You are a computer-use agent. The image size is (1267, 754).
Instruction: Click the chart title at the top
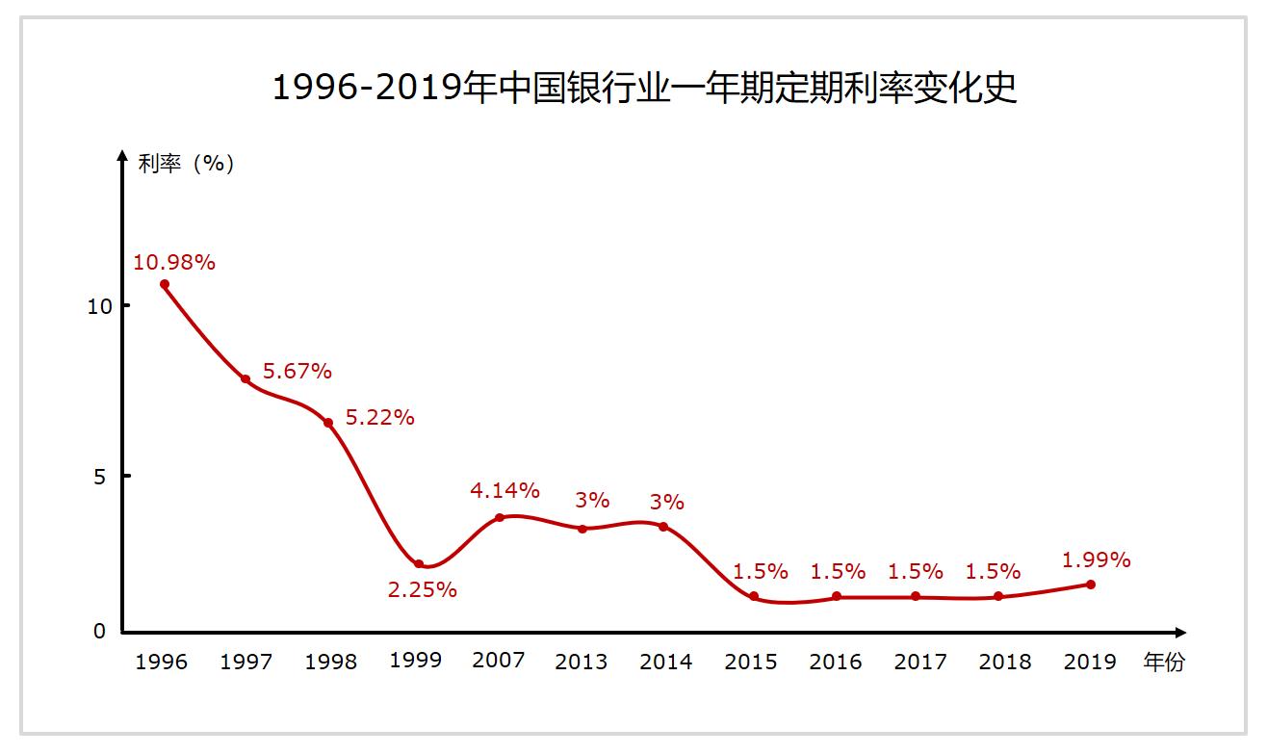[644, 88]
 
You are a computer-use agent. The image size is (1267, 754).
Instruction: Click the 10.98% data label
[174, 262]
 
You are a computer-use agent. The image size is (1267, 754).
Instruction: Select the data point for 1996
[165, 284]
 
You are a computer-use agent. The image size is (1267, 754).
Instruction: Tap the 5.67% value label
[297, 371]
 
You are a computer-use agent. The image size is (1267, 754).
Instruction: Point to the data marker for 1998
[328, 423]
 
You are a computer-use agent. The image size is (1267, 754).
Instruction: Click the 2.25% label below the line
[423, 589]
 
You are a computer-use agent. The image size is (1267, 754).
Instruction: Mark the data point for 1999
[419, 564]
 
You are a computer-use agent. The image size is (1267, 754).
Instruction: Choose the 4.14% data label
[505, 490]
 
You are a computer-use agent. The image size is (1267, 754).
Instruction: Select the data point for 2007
[500, 518]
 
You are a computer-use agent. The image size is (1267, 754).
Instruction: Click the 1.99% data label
[1096, 559]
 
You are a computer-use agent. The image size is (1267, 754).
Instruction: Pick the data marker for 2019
[1091, 585]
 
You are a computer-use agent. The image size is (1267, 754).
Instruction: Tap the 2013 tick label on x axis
[582, 662]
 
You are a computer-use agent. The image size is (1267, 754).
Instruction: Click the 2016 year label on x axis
[836, 662]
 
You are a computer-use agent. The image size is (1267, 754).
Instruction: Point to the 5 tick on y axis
[100, 476]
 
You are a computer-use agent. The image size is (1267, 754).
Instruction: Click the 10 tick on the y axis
[100, 306]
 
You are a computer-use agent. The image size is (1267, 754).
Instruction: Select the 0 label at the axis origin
[100, 632]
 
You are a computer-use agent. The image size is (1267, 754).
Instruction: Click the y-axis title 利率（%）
[187, 164]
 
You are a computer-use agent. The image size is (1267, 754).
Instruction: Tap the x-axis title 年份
[1164, 662]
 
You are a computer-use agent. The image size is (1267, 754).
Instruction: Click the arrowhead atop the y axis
[122, 155]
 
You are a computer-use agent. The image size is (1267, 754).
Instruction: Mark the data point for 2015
[754, 597]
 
